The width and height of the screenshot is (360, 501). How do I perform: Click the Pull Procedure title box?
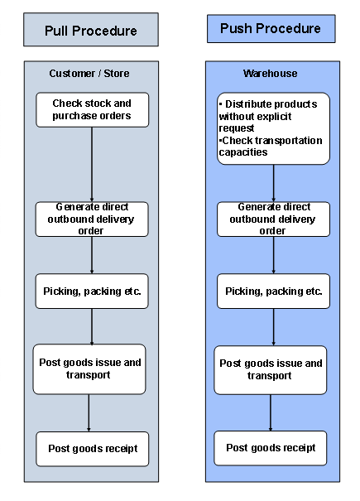tap(91, 31)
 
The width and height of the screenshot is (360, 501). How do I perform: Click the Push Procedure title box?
tap(271, 29)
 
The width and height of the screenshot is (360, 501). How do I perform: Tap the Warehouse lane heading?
tap(271, 74)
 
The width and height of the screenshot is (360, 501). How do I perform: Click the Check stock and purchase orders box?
tap(92, 109)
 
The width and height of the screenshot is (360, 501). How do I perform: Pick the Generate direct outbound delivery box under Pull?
tap(92, 219)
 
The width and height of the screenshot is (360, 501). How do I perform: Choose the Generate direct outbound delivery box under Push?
tap(273, 219)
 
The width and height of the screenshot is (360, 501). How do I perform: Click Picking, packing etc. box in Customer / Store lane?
tap(92, 291)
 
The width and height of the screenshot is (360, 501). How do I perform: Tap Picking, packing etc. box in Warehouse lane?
tap(273, 291)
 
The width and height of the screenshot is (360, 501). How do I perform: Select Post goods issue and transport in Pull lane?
tap(91, 369)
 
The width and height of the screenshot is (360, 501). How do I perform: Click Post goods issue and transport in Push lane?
tap(271, 369)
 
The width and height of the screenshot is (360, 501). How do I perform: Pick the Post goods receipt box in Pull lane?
tap(92, 449)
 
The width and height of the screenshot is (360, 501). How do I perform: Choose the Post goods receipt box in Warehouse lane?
tap(271, 448)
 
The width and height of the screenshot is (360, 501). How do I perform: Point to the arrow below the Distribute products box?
tap(273, 182)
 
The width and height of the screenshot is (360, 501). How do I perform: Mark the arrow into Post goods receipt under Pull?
tap(89, 412)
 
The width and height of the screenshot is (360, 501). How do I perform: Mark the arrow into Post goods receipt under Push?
tap(271, 412)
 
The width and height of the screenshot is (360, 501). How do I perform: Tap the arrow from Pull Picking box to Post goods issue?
tap(91, 326)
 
